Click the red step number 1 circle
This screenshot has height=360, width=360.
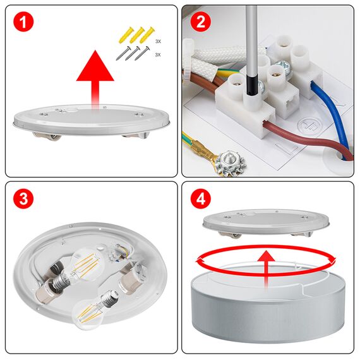[x=23, y=23]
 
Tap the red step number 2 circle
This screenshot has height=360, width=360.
[x=200, y=23]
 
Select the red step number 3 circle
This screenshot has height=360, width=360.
[x=23, y=200]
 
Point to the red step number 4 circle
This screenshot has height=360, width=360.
[x=200, y=200]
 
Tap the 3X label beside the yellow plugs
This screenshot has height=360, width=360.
[x=157, y=41]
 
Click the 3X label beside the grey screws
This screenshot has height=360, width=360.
[x=157, y=55]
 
